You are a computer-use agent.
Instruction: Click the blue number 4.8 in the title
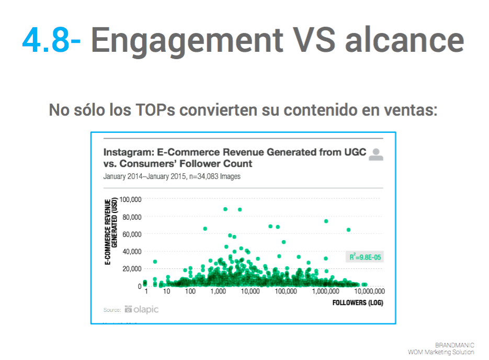coord(46,40)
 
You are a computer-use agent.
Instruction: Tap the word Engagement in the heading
coord(187,42)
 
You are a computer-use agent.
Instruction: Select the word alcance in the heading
coord(405,40)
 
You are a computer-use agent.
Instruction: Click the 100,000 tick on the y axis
coord(130,199)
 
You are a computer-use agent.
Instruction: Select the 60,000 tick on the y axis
coord(132,234)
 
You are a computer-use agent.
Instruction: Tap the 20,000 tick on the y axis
coord(132,268)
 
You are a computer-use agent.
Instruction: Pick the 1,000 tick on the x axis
coord(218,291)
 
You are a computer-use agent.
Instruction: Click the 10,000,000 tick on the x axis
coord(370,291)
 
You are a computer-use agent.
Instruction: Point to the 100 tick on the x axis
coord(190,291)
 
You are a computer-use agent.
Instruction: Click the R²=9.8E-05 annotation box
coord(365,257)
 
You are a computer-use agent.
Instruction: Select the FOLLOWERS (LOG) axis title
coord(358,302)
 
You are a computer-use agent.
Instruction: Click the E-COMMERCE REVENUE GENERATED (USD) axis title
coord(111,231)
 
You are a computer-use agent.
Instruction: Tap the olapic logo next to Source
coord(142,309)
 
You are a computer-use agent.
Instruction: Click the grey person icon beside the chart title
coord(376,154)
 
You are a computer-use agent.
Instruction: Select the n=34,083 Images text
coord(215,176)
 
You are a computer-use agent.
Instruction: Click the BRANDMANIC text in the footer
coord(454,345)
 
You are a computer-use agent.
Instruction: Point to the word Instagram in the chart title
coord(129,152)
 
